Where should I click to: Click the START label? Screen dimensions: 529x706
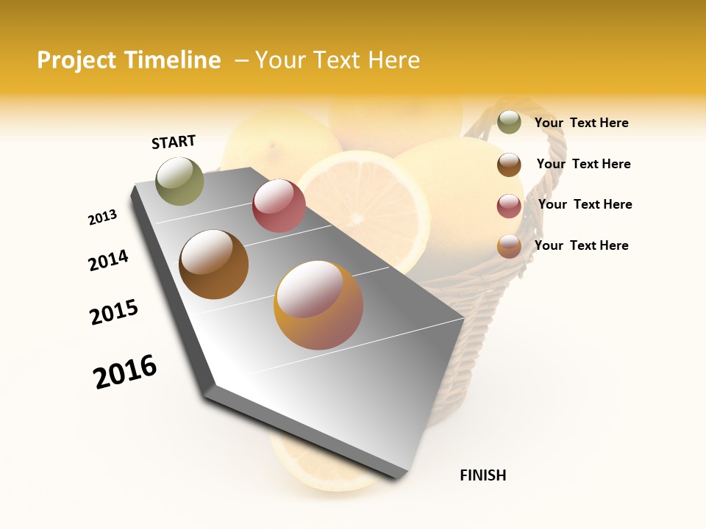174,142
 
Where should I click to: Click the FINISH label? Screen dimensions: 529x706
482,475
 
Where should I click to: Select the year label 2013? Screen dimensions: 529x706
103,217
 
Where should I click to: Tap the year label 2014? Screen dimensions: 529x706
108,260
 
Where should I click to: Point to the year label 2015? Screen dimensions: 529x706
114,312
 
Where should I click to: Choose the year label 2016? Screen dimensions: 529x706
125,371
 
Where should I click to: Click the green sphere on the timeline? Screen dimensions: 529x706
180,181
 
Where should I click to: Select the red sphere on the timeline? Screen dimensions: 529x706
279,206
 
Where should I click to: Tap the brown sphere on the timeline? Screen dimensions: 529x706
213,264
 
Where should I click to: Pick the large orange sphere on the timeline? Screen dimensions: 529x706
318,305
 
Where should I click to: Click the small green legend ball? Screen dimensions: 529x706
509,122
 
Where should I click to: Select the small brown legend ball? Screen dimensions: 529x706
509,165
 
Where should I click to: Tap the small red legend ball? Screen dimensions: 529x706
509,206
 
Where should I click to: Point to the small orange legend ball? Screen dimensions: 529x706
509,246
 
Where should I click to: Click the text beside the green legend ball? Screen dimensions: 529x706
581,123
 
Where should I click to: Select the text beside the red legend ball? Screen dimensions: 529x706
585,204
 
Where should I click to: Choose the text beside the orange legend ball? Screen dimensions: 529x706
581,245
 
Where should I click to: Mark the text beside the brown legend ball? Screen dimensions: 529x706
583,164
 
